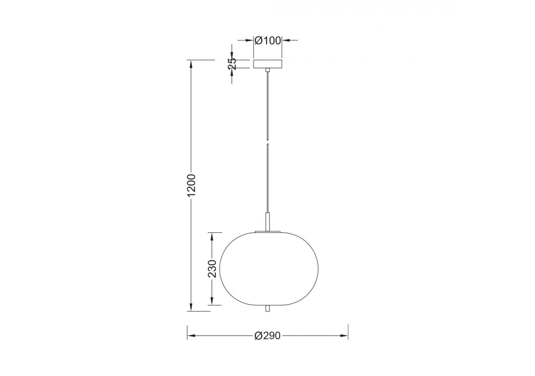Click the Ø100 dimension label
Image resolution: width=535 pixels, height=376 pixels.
point(268,41)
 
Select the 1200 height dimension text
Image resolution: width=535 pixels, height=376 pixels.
point(191,185)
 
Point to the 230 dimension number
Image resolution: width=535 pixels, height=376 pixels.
point(212,269)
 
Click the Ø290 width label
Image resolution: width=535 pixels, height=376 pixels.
point(267,336)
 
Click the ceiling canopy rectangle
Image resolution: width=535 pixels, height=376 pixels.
point(267,64)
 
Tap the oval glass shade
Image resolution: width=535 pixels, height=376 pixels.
point(269,269)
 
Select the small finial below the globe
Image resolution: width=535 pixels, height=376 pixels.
point(267,308)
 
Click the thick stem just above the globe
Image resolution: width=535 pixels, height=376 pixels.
point(268,221)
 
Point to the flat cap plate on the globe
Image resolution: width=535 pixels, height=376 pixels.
point(268,231)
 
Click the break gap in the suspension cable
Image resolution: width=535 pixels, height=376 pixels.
point(267,141)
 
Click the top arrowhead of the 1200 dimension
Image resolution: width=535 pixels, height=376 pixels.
point(191,64)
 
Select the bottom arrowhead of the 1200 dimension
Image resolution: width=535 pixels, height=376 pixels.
point(191,308)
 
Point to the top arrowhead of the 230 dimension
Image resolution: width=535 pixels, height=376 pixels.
point(212,236)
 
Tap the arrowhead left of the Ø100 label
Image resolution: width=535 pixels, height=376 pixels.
point(251,40)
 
